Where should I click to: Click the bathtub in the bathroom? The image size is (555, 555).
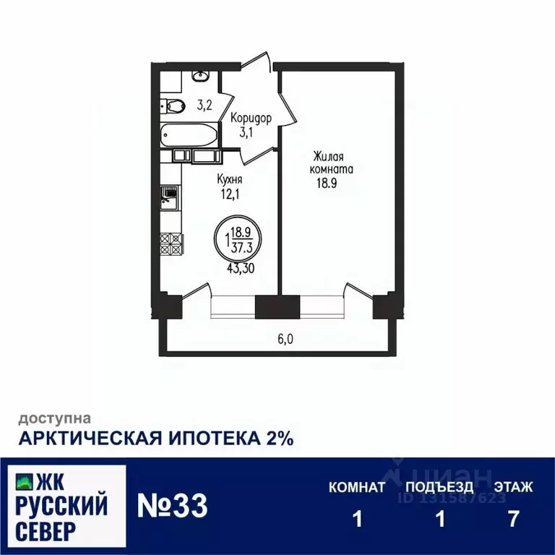(189, 134)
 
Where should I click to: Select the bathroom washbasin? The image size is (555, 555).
(200, 75)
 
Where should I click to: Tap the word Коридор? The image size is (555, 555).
(251, 119)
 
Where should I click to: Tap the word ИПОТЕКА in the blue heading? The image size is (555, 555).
(215, 439)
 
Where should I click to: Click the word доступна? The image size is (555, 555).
(54, 418)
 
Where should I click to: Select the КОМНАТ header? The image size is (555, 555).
(357, 487)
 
